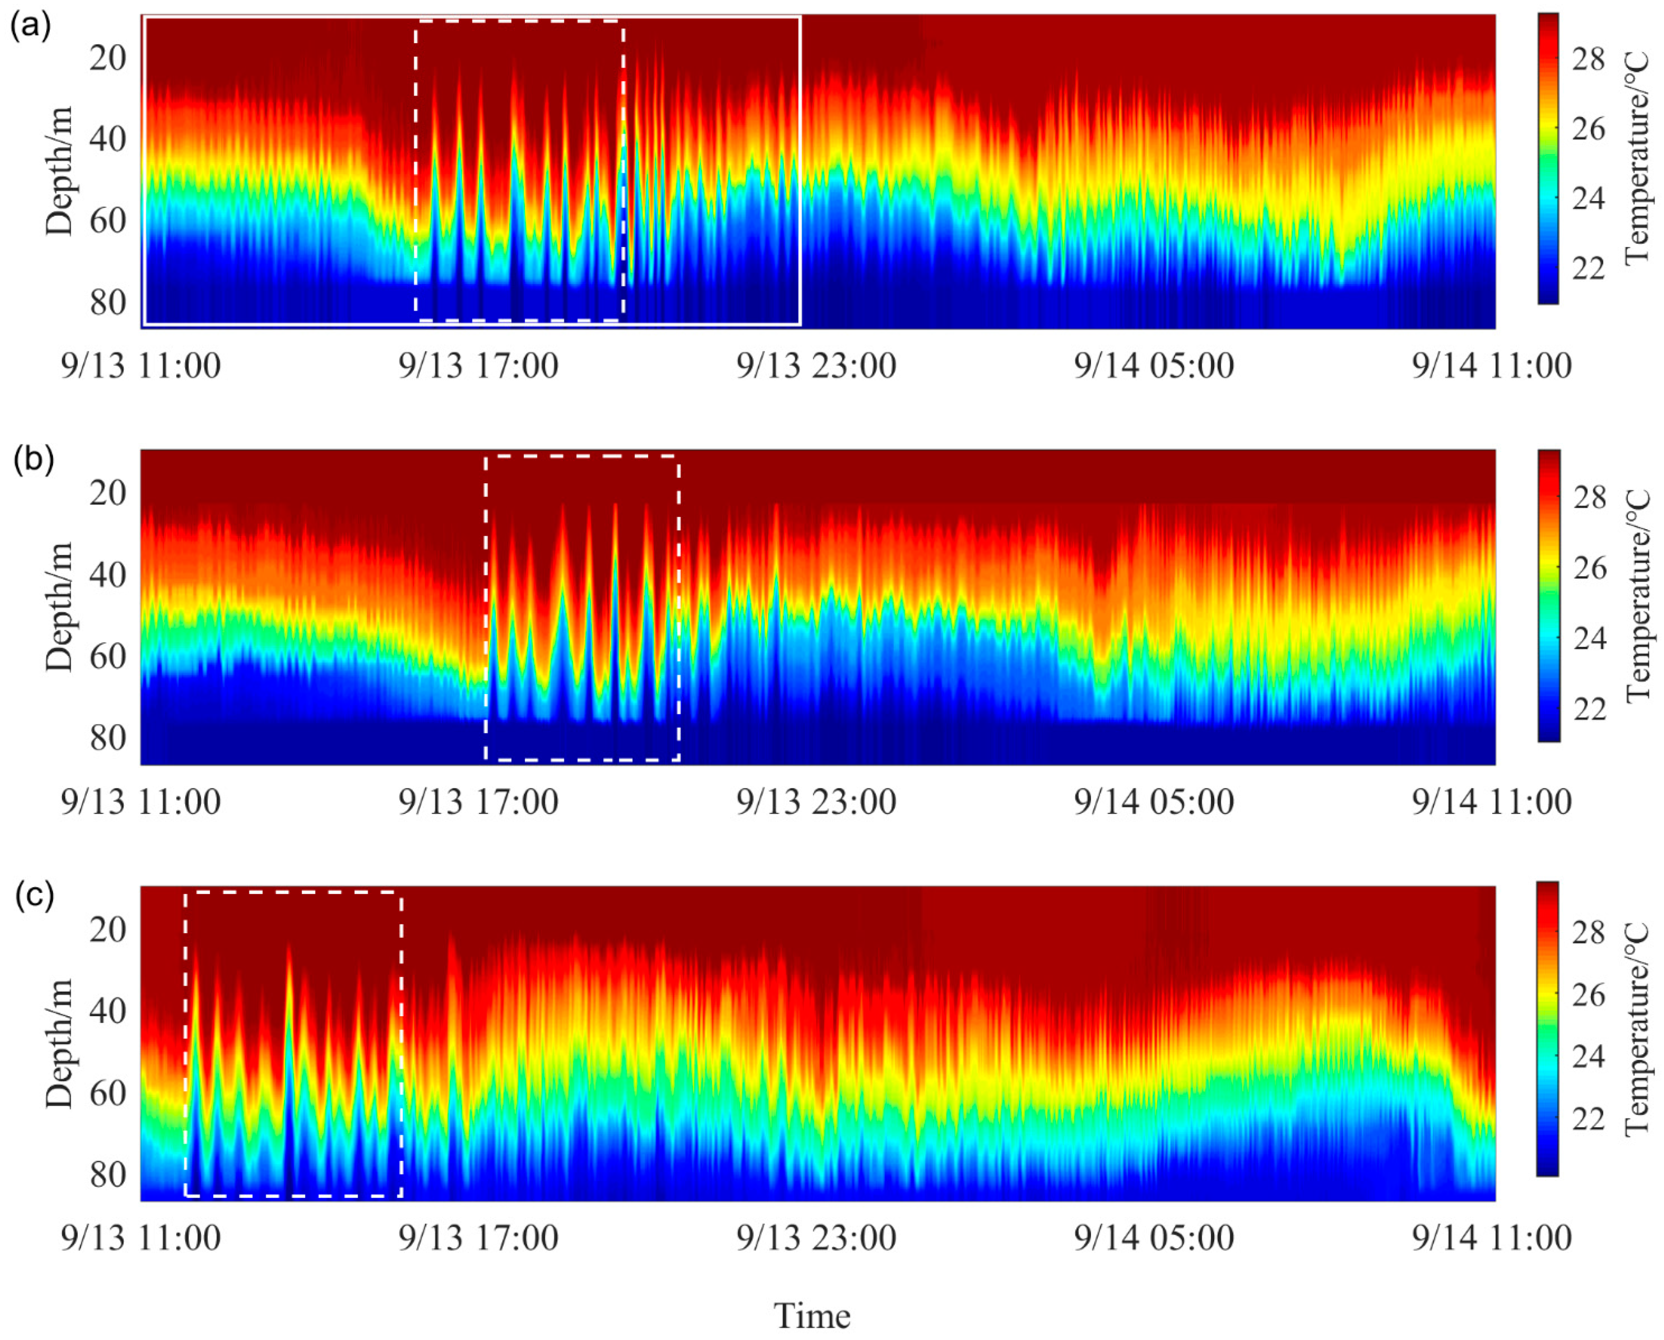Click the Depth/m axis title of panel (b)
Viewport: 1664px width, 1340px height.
tap(59, 606)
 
